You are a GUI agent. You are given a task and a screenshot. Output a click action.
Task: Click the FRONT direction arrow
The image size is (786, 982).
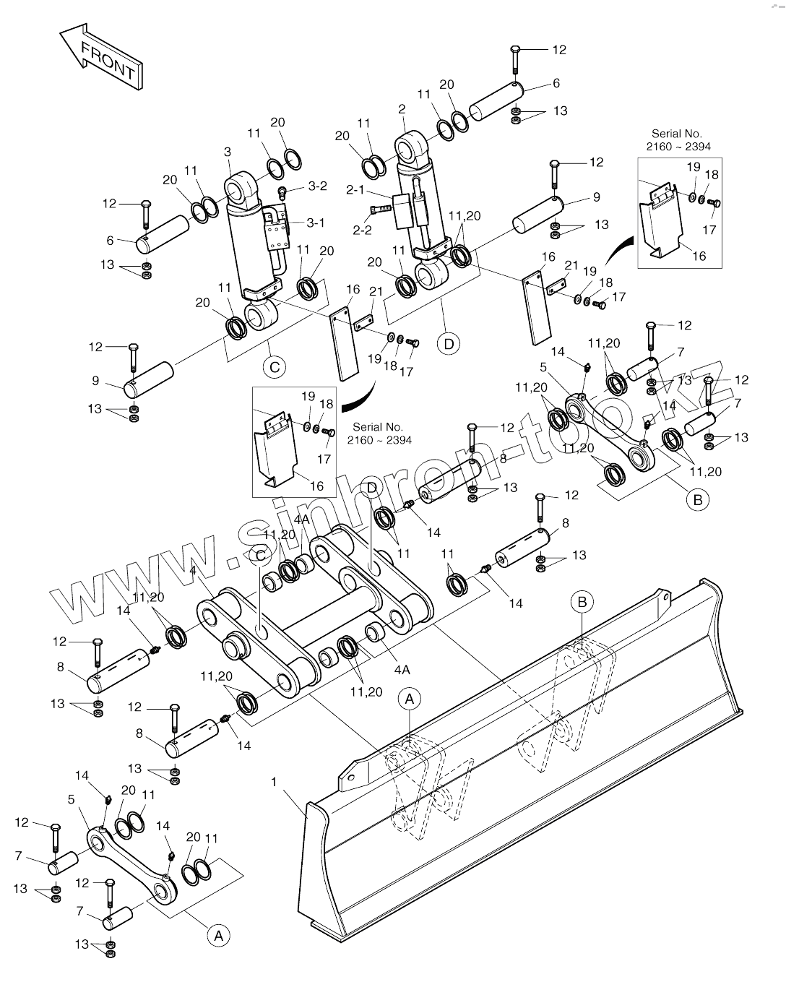101,56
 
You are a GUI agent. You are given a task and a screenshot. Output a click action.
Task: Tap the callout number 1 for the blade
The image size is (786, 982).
275,782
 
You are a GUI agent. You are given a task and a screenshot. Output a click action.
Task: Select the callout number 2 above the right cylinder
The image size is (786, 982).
402,109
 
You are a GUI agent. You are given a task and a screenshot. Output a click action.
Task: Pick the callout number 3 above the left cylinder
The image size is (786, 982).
228,152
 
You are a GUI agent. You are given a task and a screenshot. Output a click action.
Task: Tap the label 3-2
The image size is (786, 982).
317,186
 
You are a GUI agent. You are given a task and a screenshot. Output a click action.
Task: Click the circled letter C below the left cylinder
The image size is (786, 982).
275,367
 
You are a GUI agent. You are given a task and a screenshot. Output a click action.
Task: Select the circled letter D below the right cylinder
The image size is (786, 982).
449,343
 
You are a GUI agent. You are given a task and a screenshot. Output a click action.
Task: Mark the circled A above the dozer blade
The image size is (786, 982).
410,699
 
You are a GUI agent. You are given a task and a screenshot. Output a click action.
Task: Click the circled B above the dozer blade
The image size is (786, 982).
582,600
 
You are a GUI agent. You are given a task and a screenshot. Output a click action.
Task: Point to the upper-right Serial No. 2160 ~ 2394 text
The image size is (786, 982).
676,140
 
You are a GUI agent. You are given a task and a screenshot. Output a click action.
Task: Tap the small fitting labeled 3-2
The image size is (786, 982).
283,191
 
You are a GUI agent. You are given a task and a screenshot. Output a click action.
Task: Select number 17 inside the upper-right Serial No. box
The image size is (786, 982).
709,230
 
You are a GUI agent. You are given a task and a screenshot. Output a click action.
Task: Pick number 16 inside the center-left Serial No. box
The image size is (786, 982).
316,486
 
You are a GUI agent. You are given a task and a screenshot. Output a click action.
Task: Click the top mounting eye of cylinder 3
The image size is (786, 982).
238,191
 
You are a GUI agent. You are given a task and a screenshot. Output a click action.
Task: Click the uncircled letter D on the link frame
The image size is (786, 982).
371,488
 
